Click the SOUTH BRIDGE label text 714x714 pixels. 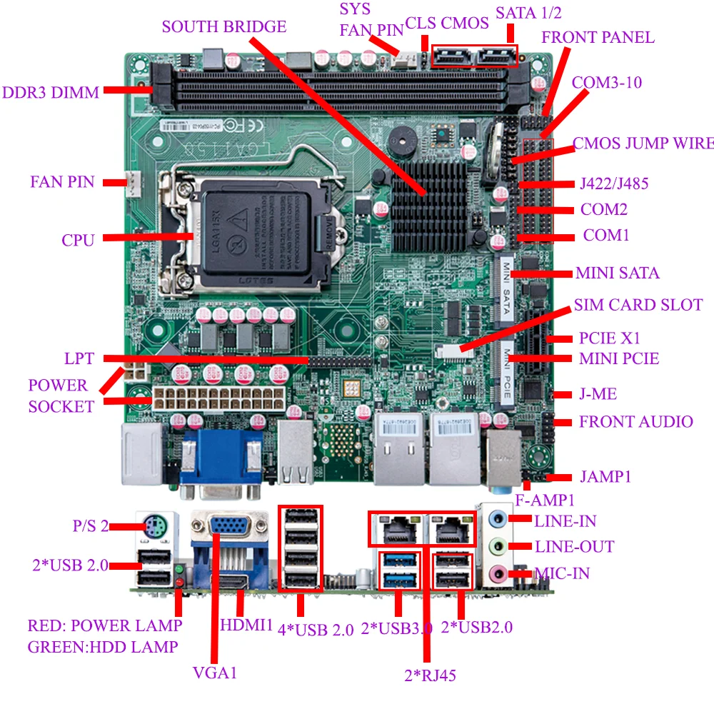(223, 27)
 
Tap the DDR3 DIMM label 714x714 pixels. (51, 92)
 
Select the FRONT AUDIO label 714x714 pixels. (635, 421)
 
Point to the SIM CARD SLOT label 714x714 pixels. (638, 305)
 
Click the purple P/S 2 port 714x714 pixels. (155, 529)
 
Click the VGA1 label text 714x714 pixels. (214, 673)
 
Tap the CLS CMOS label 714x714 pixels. (447, 23)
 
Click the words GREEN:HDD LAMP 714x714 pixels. (103, 647)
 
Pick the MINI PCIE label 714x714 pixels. (618, 358)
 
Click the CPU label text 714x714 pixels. (78, 240)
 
